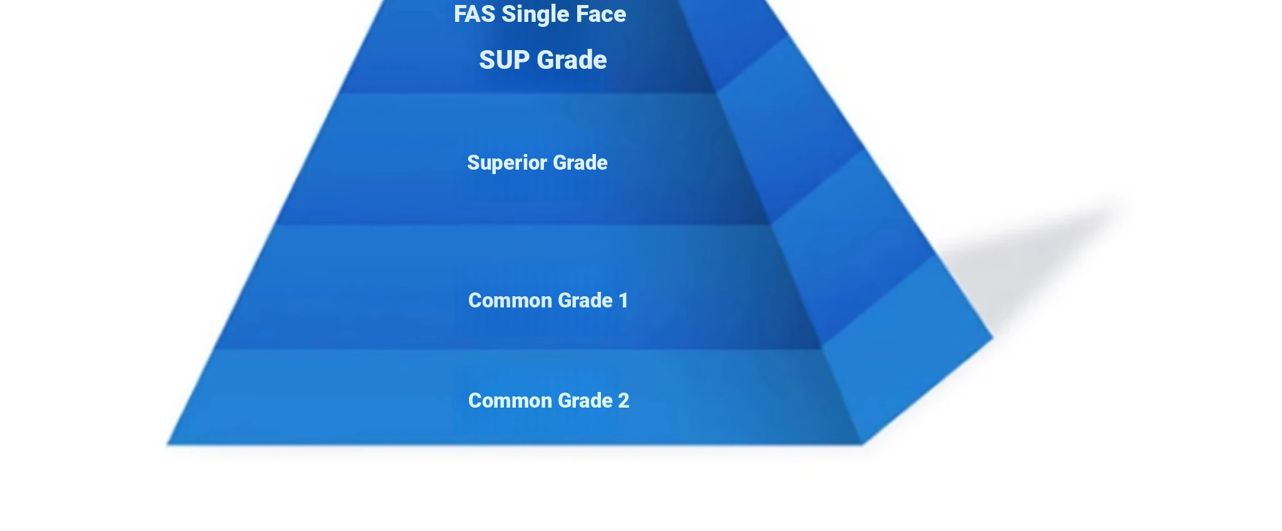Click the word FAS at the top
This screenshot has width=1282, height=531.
(x=474, y=14)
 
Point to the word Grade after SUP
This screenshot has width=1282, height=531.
(x=572, y=60)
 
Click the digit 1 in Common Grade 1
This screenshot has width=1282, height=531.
(x=623, y=301)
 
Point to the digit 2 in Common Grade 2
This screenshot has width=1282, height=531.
(x=623, y=401)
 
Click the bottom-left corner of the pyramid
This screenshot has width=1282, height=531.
(x=167, y=445)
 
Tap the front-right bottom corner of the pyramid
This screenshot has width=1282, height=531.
(x=863, y=445)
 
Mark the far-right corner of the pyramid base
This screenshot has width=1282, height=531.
(x=993, y=339)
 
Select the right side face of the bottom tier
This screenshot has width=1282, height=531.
(x=908, y=351)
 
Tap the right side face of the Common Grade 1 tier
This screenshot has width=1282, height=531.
(x=851, y=250)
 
